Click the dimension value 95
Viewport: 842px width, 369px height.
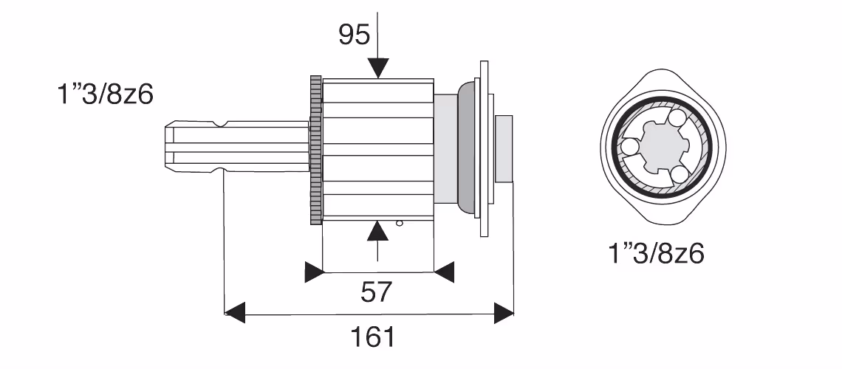point(355,35)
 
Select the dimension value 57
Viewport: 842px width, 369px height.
point(376,292)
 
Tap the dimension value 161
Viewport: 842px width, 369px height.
point(373,337)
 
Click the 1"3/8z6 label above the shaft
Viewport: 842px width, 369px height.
point(105,95)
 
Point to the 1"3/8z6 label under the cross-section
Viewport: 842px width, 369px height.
point(656,253)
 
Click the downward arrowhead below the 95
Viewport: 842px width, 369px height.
point(377,69)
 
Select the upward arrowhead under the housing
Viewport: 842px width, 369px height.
point(377,230)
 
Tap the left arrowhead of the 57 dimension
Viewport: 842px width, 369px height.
point(314,272)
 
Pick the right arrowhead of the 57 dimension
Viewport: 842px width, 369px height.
point(444,272)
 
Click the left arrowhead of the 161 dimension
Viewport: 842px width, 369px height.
point(234,313)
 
